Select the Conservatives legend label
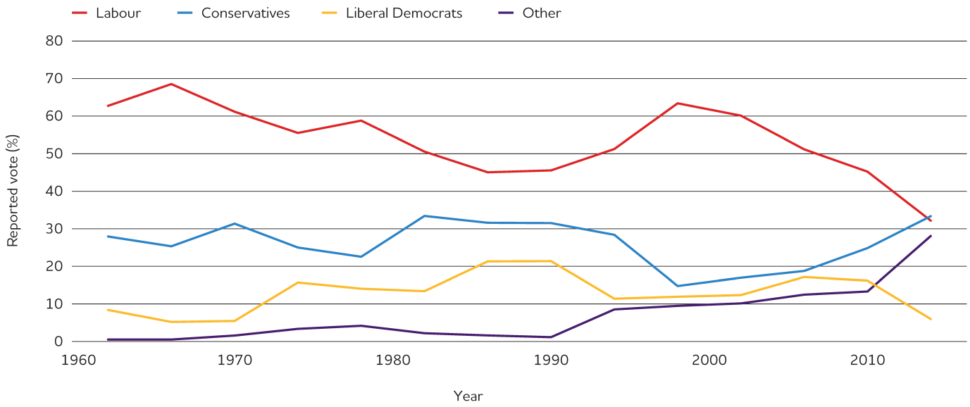pyautogui.click(x=245, y=13)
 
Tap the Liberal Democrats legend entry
pyautogui.click(x=404, y=13)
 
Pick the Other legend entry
pyautogui.click(x=541, y=13)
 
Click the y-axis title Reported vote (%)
pyautogui.click(x=13, y=191)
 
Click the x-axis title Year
pyautogui.click(x=468, y=396)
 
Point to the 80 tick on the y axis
pyautogui.click(x=56, y=41)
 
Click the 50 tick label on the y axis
pyautogui.click(x=56, y=154)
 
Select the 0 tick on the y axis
pyautogui.click(x=59, y=342)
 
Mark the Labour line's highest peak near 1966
pyautogui.click(x=171, y=84)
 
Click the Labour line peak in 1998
pyautogui.click(x=678, y=104)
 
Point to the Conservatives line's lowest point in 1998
pyautogui.click(x=678, y=286)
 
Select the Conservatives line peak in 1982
pyautogui.click(x=424, y=215)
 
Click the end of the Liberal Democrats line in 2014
pyautogui.click(x=931, y=319)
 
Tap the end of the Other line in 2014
pyautogui.click(x=931, y=236)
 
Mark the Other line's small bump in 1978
pyautogui.click(x=361, y=325)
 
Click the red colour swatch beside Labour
pyautogui.click(x=80, y=13)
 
